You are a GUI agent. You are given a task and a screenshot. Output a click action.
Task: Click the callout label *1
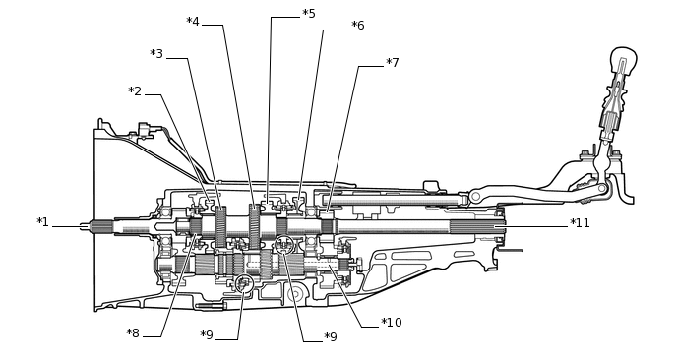(42, 222)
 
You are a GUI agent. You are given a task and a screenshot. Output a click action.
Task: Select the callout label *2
(135, 91)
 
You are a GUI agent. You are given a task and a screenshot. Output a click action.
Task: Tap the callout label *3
(156, 54)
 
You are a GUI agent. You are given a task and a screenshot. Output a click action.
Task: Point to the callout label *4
(193, 22)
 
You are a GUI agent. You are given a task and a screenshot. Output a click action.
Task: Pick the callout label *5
(309, 14)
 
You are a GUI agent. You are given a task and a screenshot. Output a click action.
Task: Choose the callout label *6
(358, 25)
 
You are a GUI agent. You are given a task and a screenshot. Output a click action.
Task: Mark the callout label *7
(392, 63)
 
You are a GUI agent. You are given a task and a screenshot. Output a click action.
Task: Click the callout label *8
(133, 333)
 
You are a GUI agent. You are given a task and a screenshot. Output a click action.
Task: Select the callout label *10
(392, 323)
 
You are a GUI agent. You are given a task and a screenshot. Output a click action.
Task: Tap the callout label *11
(580, 223)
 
